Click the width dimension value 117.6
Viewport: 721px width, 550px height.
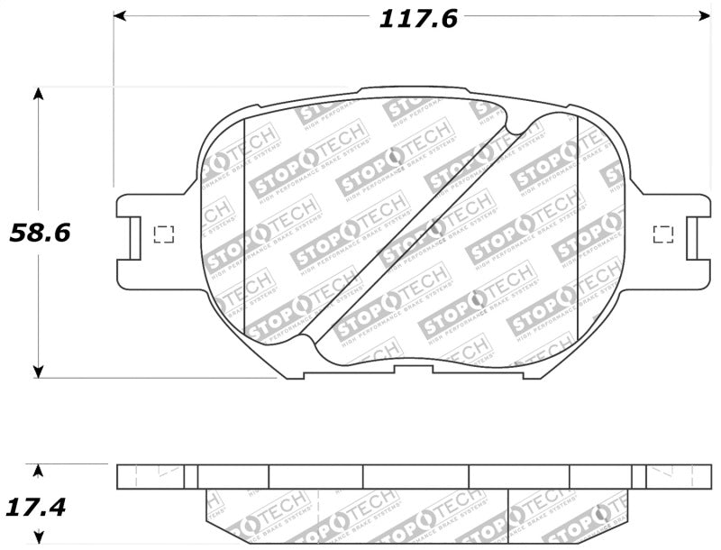pyautogui.click(x=417, y=18)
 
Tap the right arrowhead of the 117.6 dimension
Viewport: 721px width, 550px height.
pyautogui.click(x=704, y=16)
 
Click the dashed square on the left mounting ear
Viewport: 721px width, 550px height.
pyautogui.click(x=164, y=234)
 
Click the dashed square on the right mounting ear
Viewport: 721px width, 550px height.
pyautogui.click(x=662, y=234)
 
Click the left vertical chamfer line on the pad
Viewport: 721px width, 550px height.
pyautogui.click(x=245, y=225)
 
